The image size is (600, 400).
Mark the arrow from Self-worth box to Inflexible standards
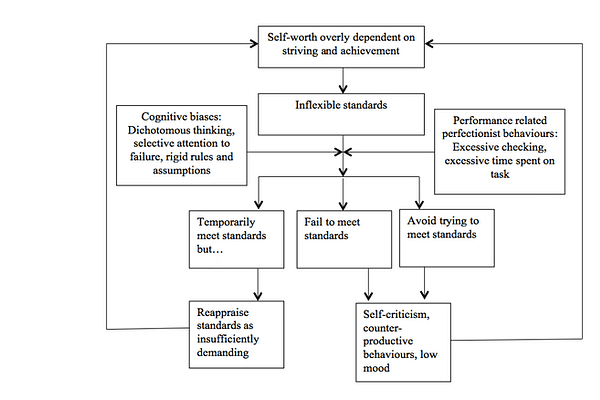343,78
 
